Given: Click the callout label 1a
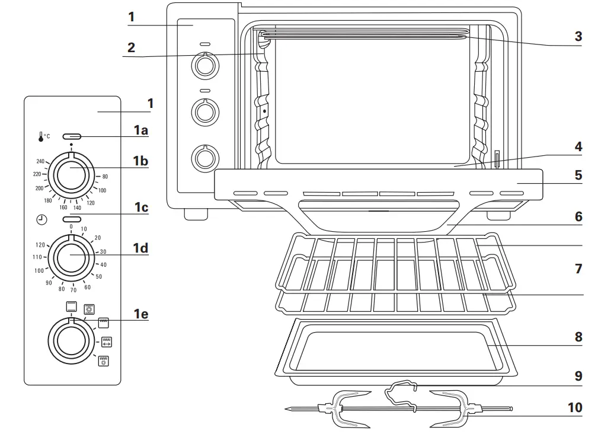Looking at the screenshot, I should coord(140,130).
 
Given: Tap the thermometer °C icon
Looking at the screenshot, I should coord(44,136).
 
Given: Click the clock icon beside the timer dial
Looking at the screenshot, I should coord(41,220).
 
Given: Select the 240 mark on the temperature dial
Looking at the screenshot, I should coord(40,161).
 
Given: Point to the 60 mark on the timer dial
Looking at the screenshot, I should coord(88,287).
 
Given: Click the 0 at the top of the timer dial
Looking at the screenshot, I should coord(71,227).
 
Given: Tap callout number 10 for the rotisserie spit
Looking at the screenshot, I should coord(574,407).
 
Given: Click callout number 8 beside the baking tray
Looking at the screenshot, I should coord(578,336).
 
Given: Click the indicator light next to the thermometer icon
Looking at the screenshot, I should coord(71,136).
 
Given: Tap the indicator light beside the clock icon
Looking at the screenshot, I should coord(71,220).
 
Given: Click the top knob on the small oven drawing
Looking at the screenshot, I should coord(205,65).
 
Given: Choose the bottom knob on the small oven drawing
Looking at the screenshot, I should coord(205,157).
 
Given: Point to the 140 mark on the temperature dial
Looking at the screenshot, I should coord(77,208).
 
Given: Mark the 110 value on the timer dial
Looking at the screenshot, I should coord(37,257).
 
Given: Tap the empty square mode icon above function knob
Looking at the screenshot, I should coord(71,306).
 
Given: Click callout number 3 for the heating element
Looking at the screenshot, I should coord(578,36).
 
